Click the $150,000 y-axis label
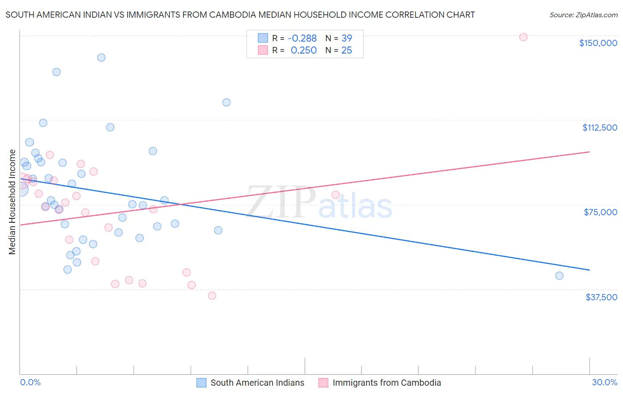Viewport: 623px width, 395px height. point(598,43)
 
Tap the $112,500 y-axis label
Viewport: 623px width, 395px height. point(600,128)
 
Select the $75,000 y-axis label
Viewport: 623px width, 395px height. point(600,212)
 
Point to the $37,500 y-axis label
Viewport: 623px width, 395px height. point(601,297)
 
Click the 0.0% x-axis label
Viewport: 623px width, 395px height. point(30,383)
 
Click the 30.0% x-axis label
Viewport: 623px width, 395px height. point(604,383)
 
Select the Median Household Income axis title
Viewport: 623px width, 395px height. point(12,202)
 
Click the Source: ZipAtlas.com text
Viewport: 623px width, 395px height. point(583,15)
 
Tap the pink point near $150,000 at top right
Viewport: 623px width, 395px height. point(523,37)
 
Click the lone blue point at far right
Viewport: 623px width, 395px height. point(559,276)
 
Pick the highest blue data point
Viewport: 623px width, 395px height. point(101,58)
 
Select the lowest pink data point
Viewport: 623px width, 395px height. point(212,296)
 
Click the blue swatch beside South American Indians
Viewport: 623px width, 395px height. point(202,383)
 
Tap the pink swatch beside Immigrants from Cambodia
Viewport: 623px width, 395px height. point(323,383)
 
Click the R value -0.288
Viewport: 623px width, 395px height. point(302,39)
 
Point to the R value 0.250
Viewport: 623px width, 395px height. point(304,50)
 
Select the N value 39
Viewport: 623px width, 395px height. point(347,39)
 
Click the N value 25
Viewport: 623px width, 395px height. point(347,50)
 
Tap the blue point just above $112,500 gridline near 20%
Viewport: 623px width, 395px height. point(226,102)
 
